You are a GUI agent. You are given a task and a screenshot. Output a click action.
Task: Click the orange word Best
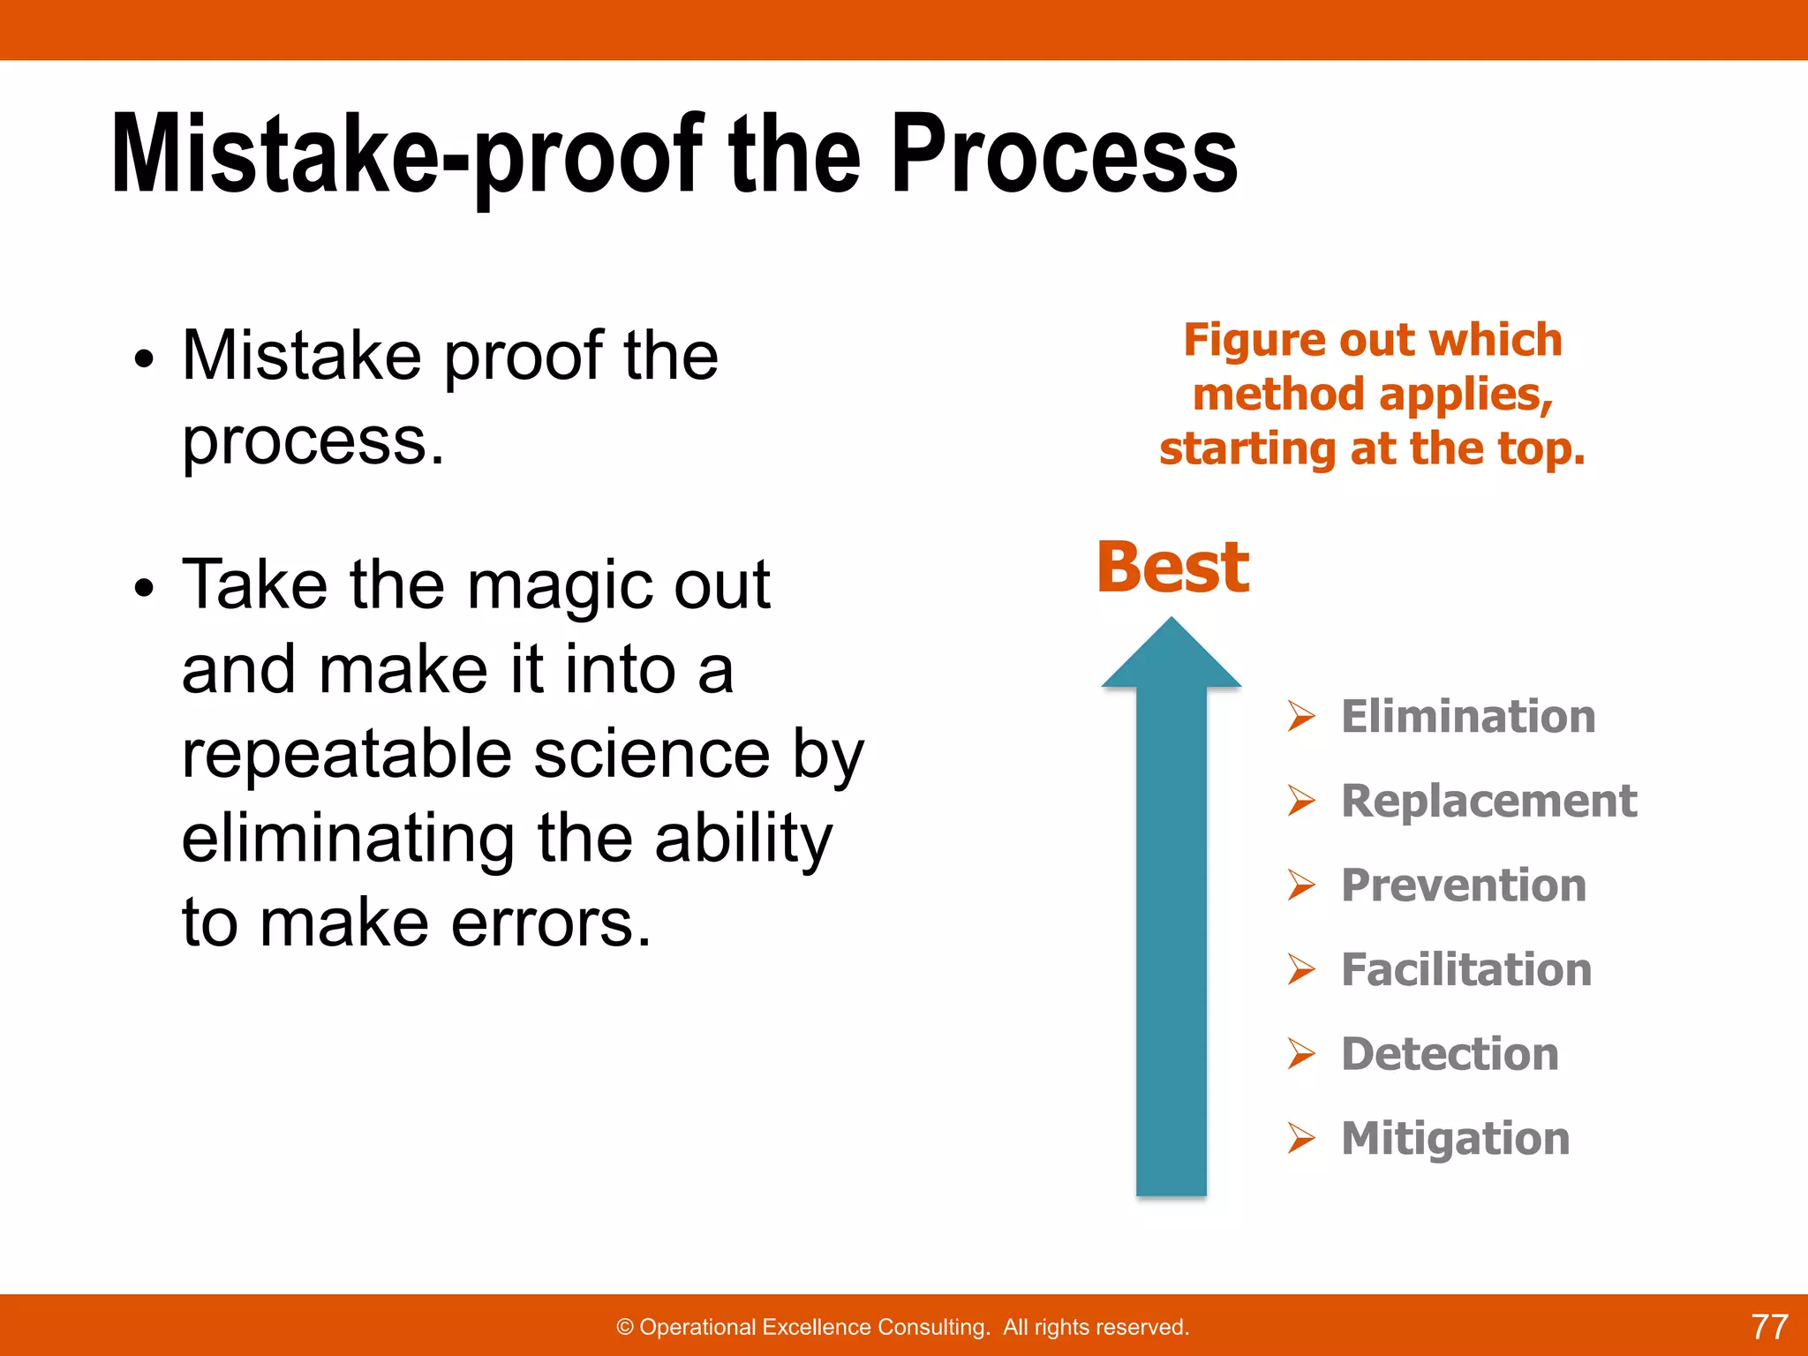1172,568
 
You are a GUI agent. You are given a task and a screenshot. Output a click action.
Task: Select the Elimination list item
1467,716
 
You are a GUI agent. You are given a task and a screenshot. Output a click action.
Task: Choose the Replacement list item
1488,801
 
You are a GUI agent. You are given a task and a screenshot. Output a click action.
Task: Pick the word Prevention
1463,885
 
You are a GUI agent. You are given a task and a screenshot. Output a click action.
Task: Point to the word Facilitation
1465,969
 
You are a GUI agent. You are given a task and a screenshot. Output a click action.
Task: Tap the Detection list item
1450,1054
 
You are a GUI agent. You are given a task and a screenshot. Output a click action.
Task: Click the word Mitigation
1455,1138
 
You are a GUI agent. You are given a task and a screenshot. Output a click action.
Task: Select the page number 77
1769,1327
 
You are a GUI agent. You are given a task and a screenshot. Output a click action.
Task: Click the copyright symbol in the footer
625,1328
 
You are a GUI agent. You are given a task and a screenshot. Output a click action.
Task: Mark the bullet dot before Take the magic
144,588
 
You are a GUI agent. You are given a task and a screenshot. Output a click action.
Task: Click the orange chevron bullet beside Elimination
1300,716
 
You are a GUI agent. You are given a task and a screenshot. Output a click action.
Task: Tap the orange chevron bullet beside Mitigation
1300,1138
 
